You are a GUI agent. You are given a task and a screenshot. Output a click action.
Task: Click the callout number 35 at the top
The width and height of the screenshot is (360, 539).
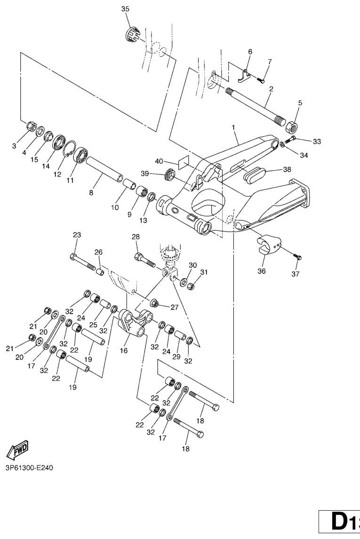tap(125, 9)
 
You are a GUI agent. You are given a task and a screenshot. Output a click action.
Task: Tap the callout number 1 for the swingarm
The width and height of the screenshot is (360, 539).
tap(232, 127)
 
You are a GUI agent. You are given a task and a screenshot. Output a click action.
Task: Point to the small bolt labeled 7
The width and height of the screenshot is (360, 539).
tap(263, 79)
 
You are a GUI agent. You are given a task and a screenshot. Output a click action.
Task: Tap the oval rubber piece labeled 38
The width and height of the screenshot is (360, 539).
tap(256, 174)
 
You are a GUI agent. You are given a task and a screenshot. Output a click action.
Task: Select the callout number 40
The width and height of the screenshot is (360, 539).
tap(159, 161)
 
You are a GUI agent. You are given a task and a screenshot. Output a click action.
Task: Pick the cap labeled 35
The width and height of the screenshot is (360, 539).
tap(131, 34)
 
